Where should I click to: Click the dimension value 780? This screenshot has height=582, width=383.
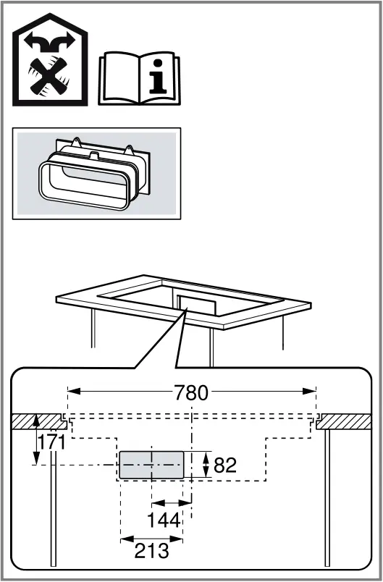[191, 393]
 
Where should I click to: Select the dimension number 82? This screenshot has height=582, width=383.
[225, 465]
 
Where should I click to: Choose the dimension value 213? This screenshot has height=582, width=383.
[151, 551]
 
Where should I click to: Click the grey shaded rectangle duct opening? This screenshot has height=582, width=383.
[151, 465]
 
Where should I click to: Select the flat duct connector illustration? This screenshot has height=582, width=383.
[96, 174]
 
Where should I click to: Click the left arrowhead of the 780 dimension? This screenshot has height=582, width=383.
[71, 392]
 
